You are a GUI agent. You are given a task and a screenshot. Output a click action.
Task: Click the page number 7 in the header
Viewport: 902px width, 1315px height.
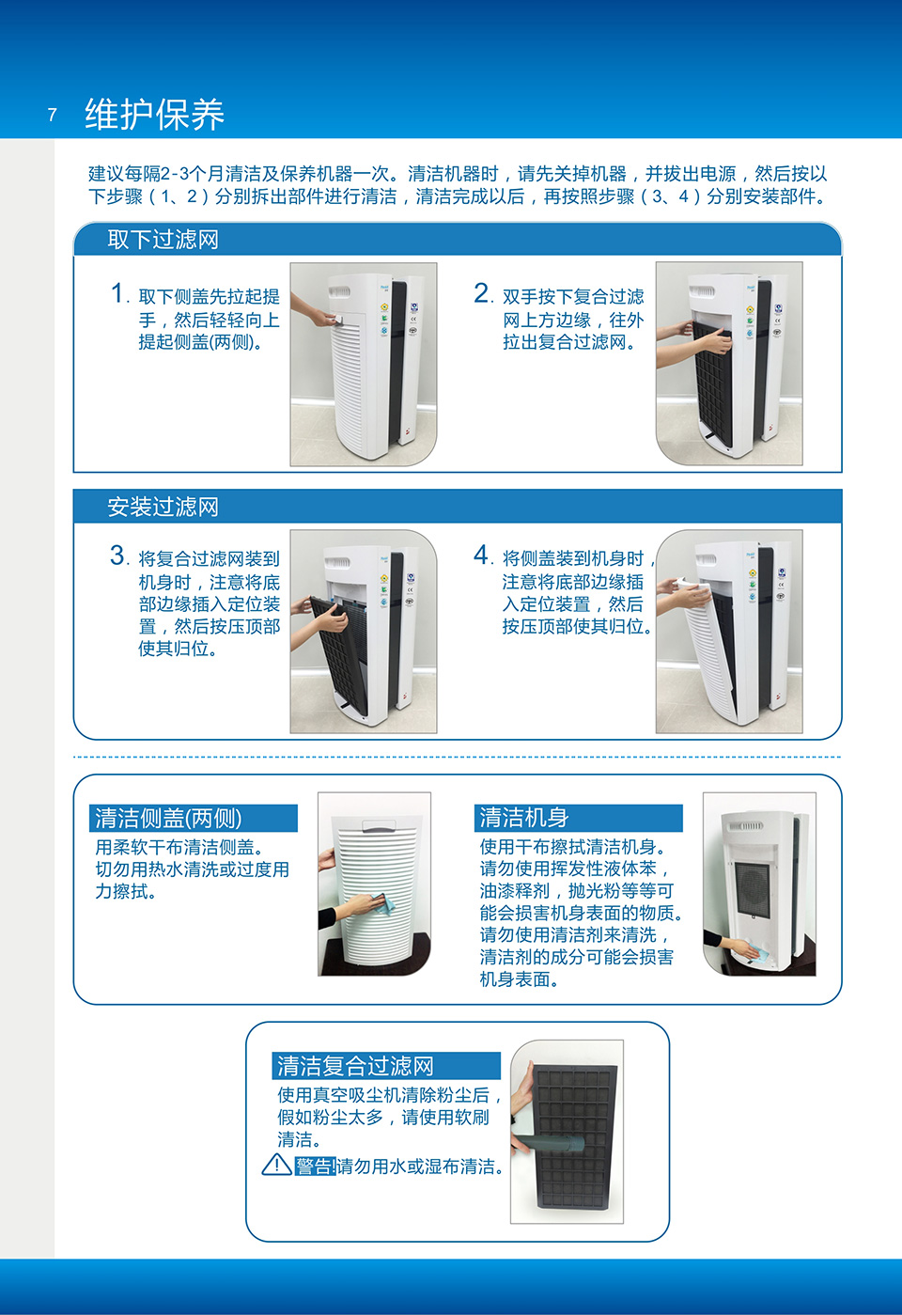click(x=53, y=115)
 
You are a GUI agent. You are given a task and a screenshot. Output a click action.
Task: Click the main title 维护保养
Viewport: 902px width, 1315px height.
click(x=155, y=114)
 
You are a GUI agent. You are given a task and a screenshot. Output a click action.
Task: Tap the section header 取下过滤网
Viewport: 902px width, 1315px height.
click(x=163, y=240)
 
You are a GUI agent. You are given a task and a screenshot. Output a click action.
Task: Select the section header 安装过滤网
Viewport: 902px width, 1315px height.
click(x=163, y=507)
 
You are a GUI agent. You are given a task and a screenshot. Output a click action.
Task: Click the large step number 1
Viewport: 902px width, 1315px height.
click(x=118, y=293)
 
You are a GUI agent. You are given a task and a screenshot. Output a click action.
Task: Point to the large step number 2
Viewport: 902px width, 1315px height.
click(x=481, y=293)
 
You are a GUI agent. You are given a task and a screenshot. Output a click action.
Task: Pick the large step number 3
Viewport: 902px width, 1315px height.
click(x=117, y=556)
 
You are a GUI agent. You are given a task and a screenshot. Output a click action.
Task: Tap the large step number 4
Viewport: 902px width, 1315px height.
click(x=481, y=555)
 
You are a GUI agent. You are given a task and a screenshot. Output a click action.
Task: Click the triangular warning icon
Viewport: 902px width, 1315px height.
click(x=276, y=1165)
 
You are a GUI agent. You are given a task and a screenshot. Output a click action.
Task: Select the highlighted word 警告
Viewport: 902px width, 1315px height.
click(x=315, y=1166)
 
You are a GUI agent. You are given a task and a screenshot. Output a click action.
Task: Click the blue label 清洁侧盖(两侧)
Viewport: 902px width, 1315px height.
click(x=169, y=818)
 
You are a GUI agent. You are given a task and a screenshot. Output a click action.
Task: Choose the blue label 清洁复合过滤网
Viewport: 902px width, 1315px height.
click(x=356, y=1066)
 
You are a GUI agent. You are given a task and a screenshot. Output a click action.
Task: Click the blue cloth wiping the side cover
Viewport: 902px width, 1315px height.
click(x=382, y=904)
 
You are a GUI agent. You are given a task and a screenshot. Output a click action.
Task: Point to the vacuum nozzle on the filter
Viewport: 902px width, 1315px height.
click(x=551, y=1144)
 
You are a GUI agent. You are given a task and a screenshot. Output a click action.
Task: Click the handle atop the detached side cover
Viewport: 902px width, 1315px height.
click(x=383, y=824)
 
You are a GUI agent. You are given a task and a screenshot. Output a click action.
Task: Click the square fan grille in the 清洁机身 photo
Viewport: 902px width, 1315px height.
click(x=753, y=890)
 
